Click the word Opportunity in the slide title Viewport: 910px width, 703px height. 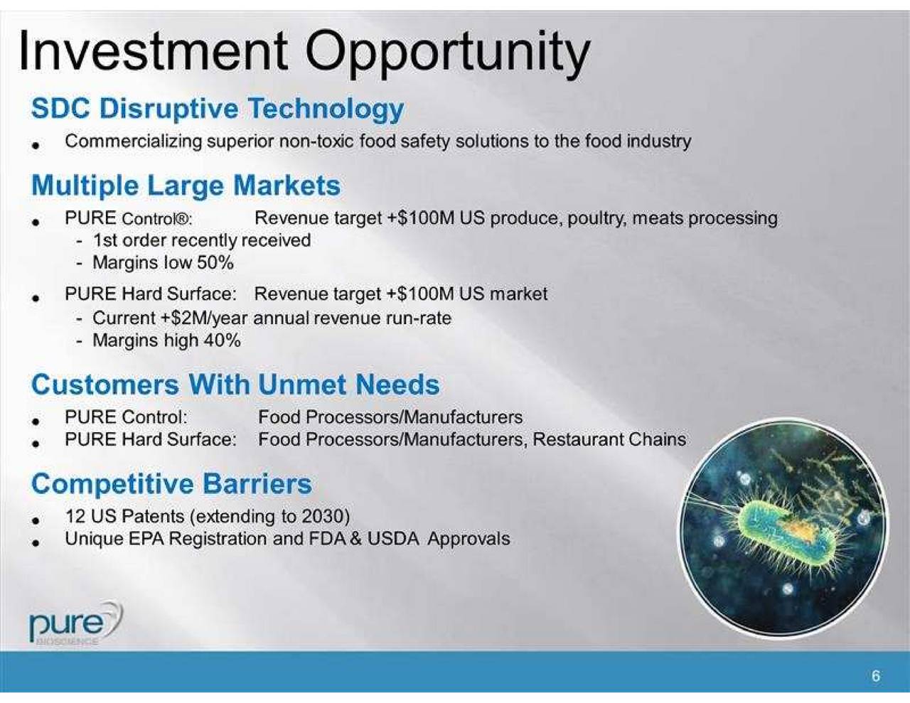448,51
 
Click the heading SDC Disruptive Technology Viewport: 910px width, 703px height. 218,109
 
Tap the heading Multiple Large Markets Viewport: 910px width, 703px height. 186,186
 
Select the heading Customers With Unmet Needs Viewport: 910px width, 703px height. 235,385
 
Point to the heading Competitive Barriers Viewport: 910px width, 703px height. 171,483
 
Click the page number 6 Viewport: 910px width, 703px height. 875,676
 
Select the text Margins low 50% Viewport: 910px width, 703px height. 163,262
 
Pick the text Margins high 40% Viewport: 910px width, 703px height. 166,340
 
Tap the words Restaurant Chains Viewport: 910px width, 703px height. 609,439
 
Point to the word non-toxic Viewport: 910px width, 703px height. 318,141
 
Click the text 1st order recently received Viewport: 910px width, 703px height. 201,240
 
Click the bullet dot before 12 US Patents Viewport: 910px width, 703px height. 35,519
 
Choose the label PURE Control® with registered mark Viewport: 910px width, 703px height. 128,218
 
